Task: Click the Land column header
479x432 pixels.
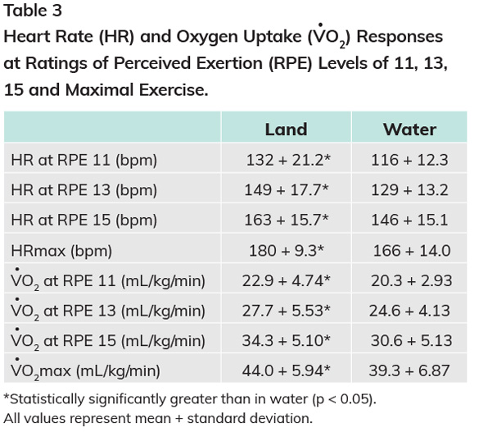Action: point(286,130)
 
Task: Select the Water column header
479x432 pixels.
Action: point(409,130)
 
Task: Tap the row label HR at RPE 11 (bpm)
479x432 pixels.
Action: point(84,160)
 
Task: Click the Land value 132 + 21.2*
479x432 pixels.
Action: point(288,160)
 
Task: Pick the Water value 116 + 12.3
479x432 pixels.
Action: point(409,160)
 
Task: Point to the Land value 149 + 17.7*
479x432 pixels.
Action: point(287,189)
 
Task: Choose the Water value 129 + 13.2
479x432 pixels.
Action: point(409,190)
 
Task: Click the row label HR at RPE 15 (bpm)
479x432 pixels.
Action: point(84,221)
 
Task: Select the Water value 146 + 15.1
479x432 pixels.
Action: point(409,220)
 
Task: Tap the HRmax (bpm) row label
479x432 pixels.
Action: point(61,251)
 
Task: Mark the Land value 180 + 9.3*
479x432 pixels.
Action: point(287,250)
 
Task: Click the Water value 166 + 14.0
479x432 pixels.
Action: point(412,251)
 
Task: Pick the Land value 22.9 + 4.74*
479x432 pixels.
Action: point(287,280)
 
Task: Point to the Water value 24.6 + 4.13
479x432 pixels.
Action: point(409,311)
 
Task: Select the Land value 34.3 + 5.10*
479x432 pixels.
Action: point(287,340)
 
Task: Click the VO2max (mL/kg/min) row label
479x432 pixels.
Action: point(85,370)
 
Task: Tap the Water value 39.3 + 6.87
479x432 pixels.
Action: point(409,371)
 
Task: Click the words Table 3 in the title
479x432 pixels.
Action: point(33,11)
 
